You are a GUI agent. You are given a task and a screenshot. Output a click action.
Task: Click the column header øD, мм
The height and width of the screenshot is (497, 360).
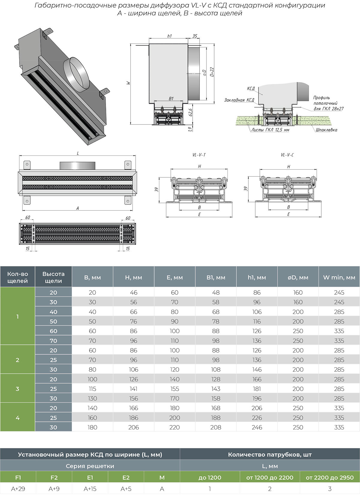point(298,277)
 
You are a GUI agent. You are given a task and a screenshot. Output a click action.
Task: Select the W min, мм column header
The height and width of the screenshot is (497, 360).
point(339,277)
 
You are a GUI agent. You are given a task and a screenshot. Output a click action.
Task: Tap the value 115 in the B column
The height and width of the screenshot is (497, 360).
point(92,389)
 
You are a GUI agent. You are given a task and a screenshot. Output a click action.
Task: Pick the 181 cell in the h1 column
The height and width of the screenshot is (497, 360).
point(257,389)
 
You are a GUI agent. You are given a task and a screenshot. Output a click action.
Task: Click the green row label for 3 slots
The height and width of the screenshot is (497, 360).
point(17,389)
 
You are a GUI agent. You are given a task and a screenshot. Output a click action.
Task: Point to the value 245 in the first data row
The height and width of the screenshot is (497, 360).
point(339,292)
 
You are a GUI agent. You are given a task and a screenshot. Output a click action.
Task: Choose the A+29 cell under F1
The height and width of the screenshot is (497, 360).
point(18,489)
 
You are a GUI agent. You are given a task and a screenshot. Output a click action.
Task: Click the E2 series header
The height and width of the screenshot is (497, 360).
point(126,477)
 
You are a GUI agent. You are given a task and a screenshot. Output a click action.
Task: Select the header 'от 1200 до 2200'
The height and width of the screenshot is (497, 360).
point(270,477)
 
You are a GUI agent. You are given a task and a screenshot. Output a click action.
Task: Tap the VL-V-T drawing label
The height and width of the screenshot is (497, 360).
point(199,155)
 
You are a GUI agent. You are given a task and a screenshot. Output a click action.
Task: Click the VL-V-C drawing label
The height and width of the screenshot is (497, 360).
point(287,155)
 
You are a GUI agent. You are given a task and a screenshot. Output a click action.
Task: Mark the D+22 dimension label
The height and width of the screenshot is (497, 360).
point(212,72)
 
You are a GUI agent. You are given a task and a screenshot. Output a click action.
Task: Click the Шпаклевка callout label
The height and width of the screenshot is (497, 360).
point(326,130)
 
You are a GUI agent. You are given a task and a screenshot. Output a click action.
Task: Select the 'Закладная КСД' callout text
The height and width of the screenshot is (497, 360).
point(239,100)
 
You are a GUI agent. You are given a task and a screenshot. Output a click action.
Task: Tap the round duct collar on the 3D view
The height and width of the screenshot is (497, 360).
point(76,74)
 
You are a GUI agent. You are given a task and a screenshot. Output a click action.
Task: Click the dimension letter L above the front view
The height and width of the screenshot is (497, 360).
point(78,153)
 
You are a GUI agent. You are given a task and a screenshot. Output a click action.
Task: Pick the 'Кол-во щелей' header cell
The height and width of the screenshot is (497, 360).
point(17,277)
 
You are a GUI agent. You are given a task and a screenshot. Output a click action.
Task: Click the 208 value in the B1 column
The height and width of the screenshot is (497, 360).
point(216,427)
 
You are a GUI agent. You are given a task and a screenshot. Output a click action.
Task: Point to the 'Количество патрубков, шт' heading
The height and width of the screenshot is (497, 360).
point(270,454)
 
